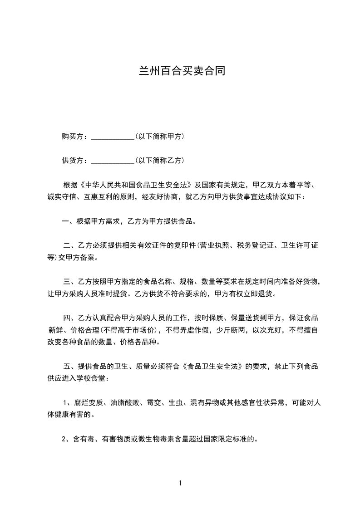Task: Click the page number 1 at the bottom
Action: coord(180,483)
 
